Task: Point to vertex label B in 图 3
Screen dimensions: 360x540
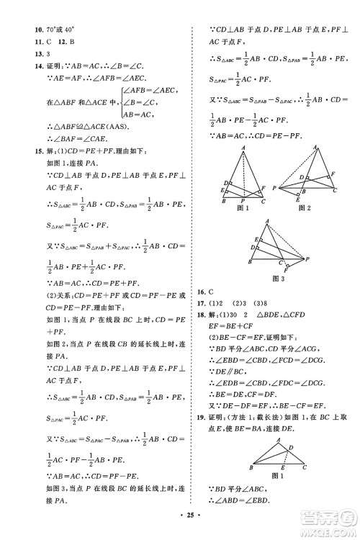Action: [x=248, y=262]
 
